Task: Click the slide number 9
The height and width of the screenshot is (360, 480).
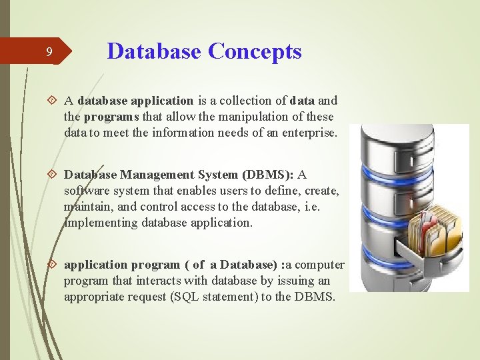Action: tap(49, 52)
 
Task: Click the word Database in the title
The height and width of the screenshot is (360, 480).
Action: tap(154, 51)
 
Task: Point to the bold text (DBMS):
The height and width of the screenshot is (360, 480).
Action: tap(269, 175)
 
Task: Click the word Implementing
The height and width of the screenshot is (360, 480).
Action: tap(101, 223)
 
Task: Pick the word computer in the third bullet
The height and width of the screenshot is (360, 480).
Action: tap(320, 265)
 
